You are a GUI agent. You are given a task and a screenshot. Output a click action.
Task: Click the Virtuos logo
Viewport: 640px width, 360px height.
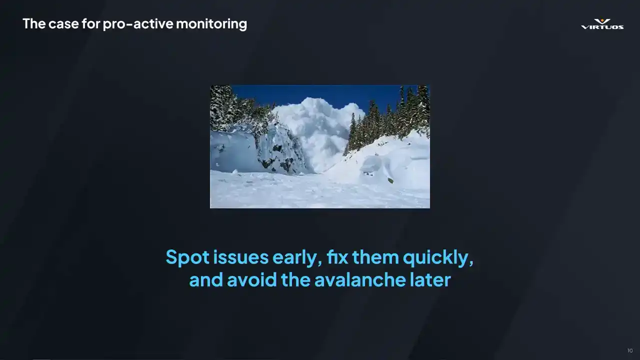point(602,24)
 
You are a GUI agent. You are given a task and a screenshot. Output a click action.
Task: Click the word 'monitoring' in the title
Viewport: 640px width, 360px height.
point(211,23)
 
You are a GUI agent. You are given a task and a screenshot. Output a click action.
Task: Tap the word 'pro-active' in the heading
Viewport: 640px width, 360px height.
point(137,24)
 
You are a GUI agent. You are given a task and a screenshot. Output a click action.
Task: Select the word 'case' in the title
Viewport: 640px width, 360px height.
point(63,23)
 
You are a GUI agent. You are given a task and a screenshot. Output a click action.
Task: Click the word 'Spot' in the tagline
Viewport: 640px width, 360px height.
point(187,257)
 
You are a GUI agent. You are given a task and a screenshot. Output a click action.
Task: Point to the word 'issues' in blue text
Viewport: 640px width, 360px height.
point(241,257)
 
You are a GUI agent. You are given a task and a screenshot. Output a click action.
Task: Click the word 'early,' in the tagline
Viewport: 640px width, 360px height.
point(297,257)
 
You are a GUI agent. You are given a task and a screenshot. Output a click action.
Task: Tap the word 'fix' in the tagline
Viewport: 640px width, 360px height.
point(337,257)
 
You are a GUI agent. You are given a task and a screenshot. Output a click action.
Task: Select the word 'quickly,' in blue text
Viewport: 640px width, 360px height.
point(438,257)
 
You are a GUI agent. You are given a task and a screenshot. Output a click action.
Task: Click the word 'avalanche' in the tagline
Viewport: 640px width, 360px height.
point(359,279)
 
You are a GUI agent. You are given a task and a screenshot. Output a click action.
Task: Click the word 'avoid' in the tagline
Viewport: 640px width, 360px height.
point(251,279)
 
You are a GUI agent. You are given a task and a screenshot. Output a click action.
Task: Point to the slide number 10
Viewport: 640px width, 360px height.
point(630,350)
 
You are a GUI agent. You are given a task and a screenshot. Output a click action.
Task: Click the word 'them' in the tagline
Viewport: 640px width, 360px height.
point(375,257)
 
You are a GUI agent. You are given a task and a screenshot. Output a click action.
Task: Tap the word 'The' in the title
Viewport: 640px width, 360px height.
point(34,23)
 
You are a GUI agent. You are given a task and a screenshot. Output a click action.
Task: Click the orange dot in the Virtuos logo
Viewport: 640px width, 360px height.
point(602,20)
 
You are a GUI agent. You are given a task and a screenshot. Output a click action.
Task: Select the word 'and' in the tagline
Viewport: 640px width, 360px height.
point(206,279)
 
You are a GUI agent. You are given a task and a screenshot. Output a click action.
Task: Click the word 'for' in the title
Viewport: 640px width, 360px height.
point(91,23)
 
